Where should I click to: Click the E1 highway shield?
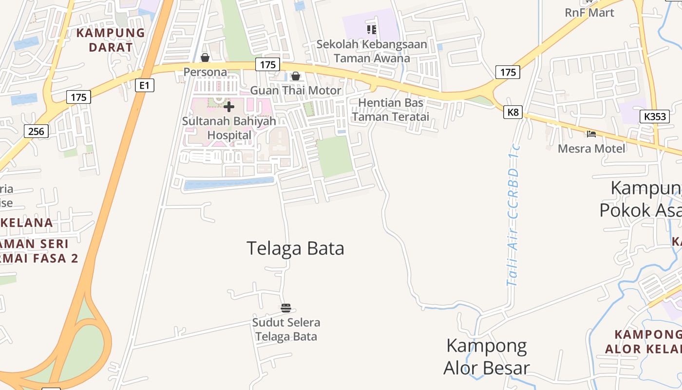coord(144,86)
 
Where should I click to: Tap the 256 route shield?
coord(36,131)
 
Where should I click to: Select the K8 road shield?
coord(513,113)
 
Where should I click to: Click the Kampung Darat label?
coord(111,40)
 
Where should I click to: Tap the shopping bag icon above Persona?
coord(205,58)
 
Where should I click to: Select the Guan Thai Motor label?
coord(296,91)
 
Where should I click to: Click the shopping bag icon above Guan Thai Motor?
coord(295,76)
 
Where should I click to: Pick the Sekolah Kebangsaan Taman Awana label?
coord(372,51)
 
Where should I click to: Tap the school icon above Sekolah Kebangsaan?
coord(372,30)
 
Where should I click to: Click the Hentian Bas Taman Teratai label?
coord(391,110)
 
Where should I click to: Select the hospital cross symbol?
coord(229,106)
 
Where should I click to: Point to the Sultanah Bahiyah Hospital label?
coord(229,128)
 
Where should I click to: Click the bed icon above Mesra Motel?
coord(591,134)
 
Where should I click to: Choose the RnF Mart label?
coord(589,13)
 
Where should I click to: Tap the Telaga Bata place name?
coord(295,248)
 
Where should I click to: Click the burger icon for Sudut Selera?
coord(286,308)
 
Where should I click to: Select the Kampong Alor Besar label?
coord(486,356)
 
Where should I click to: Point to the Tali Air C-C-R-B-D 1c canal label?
coord(513,214)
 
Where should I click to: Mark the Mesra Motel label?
coord(591,148)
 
